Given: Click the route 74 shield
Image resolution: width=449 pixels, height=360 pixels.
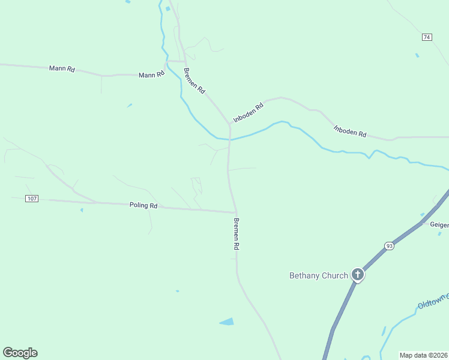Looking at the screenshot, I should point(427,37).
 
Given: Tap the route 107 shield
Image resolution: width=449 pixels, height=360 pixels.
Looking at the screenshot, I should point(32,198).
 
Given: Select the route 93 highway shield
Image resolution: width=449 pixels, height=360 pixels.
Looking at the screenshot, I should point(389,247).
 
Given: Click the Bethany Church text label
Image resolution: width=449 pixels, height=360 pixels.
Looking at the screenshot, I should point(318,275).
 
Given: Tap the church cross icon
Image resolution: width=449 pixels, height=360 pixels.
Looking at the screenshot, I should point(358,275).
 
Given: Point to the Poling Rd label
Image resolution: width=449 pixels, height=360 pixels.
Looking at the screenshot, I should point(143,205).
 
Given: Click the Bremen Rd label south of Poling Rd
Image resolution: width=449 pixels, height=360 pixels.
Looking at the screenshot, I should point(237,234).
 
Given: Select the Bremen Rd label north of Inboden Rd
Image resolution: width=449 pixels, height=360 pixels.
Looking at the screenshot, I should point(194,80).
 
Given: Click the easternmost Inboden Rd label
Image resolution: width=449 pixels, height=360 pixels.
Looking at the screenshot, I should point(350,131).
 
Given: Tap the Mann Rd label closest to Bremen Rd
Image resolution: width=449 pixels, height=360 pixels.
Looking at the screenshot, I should point(151,75).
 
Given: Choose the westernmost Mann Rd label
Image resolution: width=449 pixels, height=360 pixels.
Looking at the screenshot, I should point(62,69).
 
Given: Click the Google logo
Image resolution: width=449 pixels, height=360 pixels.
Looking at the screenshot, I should point(20,353).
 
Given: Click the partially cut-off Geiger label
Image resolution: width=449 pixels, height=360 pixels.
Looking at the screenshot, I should point(439,224).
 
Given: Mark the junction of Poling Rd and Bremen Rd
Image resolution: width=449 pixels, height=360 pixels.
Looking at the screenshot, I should point(235,212).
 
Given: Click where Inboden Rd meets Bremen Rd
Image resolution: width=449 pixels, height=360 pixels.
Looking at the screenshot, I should point(229,124).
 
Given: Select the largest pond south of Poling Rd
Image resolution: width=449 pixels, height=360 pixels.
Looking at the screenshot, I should point(227,322).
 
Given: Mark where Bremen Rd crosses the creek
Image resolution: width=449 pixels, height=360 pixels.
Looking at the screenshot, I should point(229,139).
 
